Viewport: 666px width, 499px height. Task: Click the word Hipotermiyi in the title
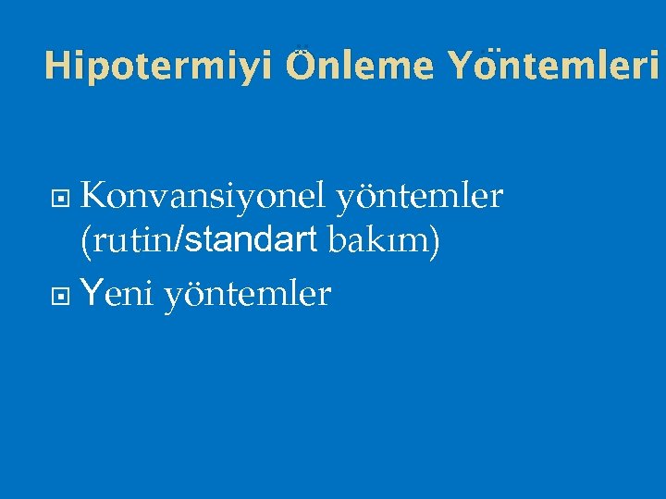[x=158, y=66]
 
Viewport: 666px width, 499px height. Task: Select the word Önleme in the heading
[x=360, y=66]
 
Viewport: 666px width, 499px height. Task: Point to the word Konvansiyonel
[x=203, y=196]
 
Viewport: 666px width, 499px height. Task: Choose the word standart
[x=251, y=242]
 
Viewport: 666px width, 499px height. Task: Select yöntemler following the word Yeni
[x=247, y=294]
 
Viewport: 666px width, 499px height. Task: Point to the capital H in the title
[x=56, y=66]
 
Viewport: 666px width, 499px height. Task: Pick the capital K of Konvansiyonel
[x=93, y=196]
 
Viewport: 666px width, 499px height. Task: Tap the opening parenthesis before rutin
[x=86, y=243]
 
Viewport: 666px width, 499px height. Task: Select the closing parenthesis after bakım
[x=435, y=243]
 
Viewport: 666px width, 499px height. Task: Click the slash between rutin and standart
[x=182, y=242]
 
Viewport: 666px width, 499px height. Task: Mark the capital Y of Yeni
[x=92, y=294]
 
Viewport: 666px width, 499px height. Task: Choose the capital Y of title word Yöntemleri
[x=459, y=66]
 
